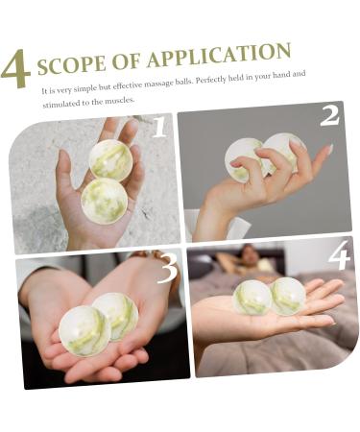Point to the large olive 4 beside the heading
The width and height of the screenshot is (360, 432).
(x=16, y=69)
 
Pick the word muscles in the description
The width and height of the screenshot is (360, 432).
(x=120, y=100)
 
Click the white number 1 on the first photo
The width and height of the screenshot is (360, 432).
(x=158, y=128)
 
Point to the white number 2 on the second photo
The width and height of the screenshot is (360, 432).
(x=329, y=116)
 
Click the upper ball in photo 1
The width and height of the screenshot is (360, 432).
(x=111, y=159)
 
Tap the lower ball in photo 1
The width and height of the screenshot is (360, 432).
(x=104, y=199)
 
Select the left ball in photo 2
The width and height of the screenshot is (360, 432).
(x=245, y=158)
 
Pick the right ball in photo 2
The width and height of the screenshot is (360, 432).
(x=283, y=153)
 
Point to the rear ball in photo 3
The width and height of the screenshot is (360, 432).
(x=117, y=314)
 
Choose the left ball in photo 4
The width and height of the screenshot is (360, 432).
(x=252, y=298)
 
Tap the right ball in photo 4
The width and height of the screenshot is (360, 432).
(x=287, y=296)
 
